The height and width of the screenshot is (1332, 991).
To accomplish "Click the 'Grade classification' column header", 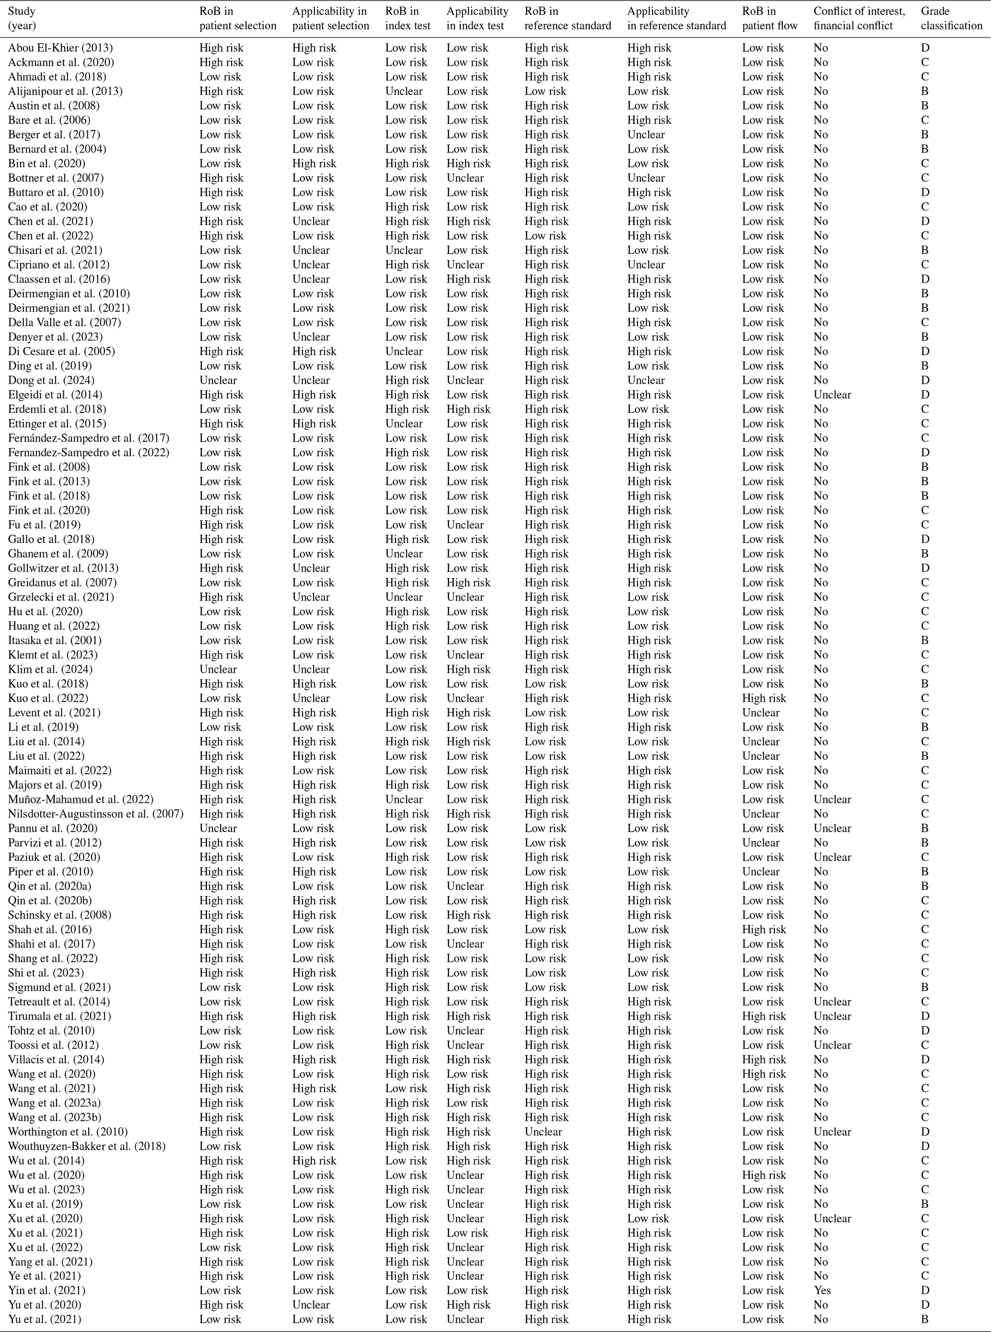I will pyautogui.click(x=951, y=19).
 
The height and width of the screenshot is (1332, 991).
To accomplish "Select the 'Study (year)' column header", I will pyautogui.click(x=22, y=19).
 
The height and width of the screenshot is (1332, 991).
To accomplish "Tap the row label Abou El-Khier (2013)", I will pyautogui.click(x=60, y=48).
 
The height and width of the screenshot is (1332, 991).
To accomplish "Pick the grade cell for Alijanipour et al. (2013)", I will pyautogui.click(x=924, y=91).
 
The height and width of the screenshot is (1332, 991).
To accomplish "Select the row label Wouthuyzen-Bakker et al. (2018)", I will pyautogui.click(x=86, y=1146).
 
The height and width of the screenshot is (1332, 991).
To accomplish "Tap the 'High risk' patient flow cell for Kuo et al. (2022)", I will pyautogui.click(x=764, y=698).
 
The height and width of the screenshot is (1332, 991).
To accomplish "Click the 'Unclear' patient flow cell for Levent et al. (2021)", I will pyautogui.click(x=761, y=713).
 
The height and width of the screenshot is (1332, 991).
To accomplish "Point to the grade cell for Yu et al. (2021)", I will pyautogui.click(x=924, y=1319).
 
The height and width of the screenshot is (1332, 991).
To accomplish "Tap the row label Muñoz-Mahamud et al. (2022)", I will pyautogui.click(x=81, y=799).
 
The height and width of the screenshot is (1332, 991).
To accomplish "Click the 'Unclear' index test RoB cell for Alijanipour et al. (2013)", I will pyautogui.click(x=404, y=91).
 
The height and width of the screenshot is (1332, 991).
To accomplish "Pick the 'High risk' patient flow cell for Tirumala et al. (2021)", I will pyautogui.click(x=764, y=1016).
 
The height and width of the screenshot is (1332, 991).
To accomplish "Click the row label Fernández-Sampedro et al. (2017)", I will pyautogui.click(x=89, y=438).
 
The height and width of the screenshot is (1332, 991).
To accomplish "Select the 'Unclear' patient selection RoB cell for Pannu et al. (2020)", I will pyautogui.click(x=218, y=828).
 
